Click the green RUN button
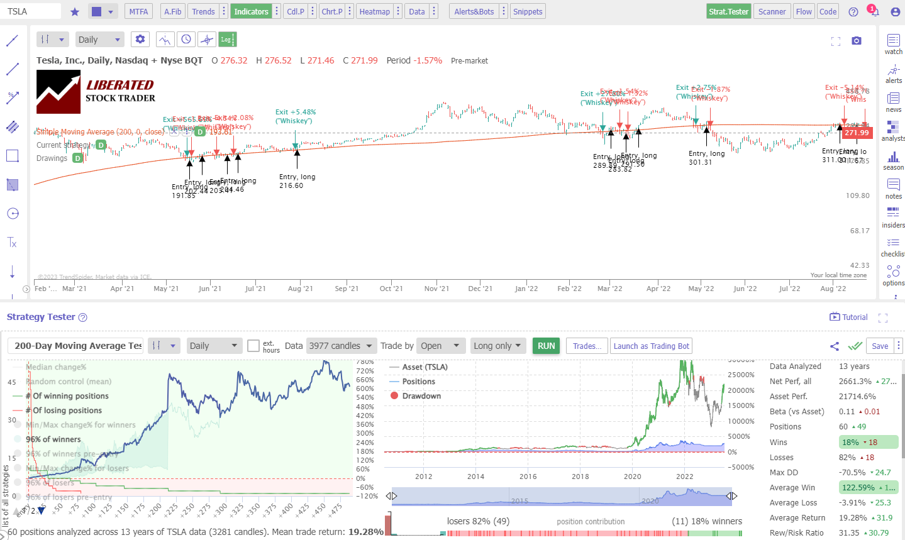point(546,346)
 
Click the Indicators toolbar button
point(251,11)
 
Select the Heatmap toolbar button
point(374,11)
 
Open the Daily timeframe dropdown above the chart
point(99,40)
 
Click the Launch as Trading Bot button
point(651,346)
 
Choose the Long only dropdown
point(497,346)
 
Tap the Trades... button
point(586,346)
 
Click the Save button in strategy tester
point(879,346)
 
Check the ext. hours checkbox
point(253,346)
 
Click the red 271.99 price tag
point(857,133)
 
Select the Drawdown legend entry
point(421,396)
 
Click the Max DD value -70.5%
point(852,472)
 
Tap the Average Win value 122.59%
point(858,487)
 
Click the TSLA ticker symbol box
point(31,11)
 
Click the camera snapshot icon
point(856,40)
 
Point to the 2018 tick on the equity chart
point(580,477)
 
